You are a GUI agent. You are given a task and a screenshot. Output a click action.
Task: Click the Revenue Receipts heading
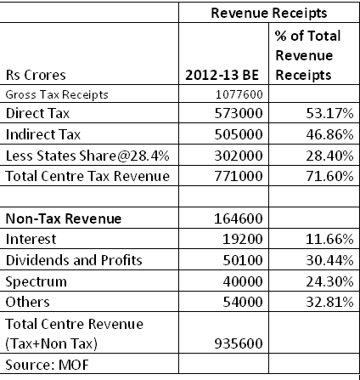pos(268,14)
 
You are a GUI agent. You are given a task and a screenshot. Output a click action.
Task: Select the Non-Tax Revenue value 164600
pos(240,218)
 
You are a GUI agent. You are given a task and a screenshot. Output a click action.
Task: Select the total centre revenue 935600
pos(240,343)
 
